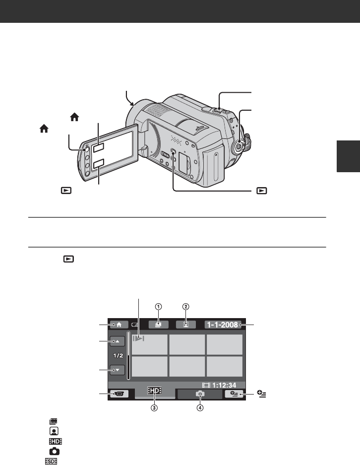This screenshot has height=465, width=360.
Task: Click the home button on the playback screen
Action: pos(119,325)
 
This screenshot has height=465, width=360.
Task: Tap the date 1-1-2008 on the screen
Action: pos(223,325)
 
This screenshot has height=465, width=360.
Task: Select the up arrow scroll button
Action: pos(118,341)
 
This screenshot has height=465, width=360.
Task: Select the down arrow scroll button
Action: pos(118,370)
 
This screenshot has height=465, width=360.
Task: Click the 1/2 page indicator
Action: pos(118,355)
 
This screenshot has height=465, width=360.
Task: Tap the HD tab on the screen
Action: pos(155,391)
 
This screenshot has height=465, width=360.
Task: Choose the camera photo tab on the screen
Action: pos(200,394)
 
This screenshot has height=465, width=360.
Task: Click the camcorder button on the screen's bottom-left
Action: pos(119,394)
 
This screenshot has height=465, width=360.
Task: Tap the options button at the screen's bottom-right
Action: pos(234,394)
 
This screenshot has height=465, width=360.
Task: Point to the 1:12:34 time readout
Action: pos(219,385)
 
